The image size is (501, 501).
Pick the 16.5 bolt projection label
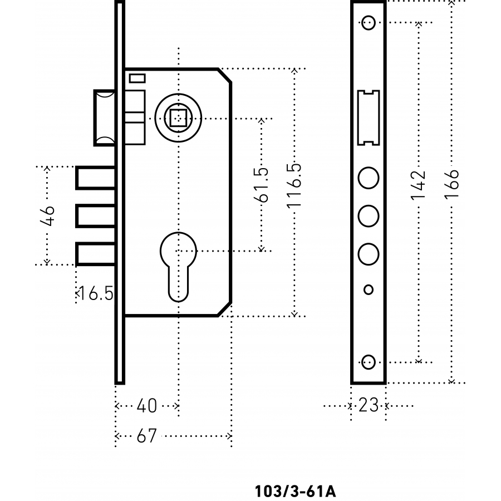(95, 293)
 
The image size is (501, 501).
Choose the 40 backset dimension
(147, 406)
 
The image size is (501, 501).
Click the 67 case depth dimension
(147, 436)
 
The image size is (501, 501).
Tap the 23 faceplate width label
(369, 405)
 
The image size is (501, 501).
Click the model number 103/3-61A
(295, 492)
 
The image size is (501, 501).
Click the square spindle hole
(178, 119)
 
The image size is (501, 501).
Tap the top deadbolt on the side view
(96, 178)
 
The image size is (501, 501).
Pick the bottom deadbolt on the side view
(96, 254)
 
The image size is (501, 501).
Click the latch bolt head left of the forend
(105, 117)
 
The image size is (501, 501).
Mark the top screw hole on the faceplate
(367, 23)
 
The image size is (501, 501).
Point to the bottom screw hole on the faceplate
(367, 361)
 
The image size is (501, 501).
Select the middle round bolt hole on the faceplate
(368, 215)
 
